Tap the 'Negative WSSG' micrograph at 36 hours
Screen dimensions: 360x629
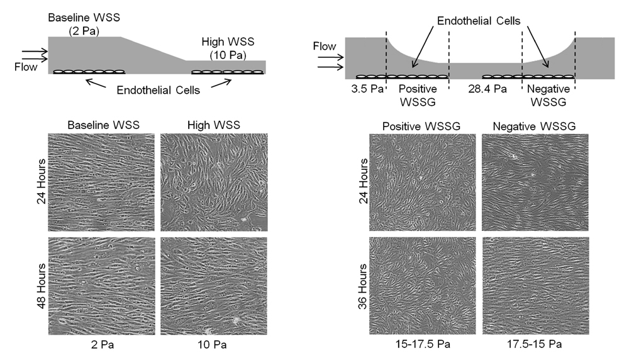535,284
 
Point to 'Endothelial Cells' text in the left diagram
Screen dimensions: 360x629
158,91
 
